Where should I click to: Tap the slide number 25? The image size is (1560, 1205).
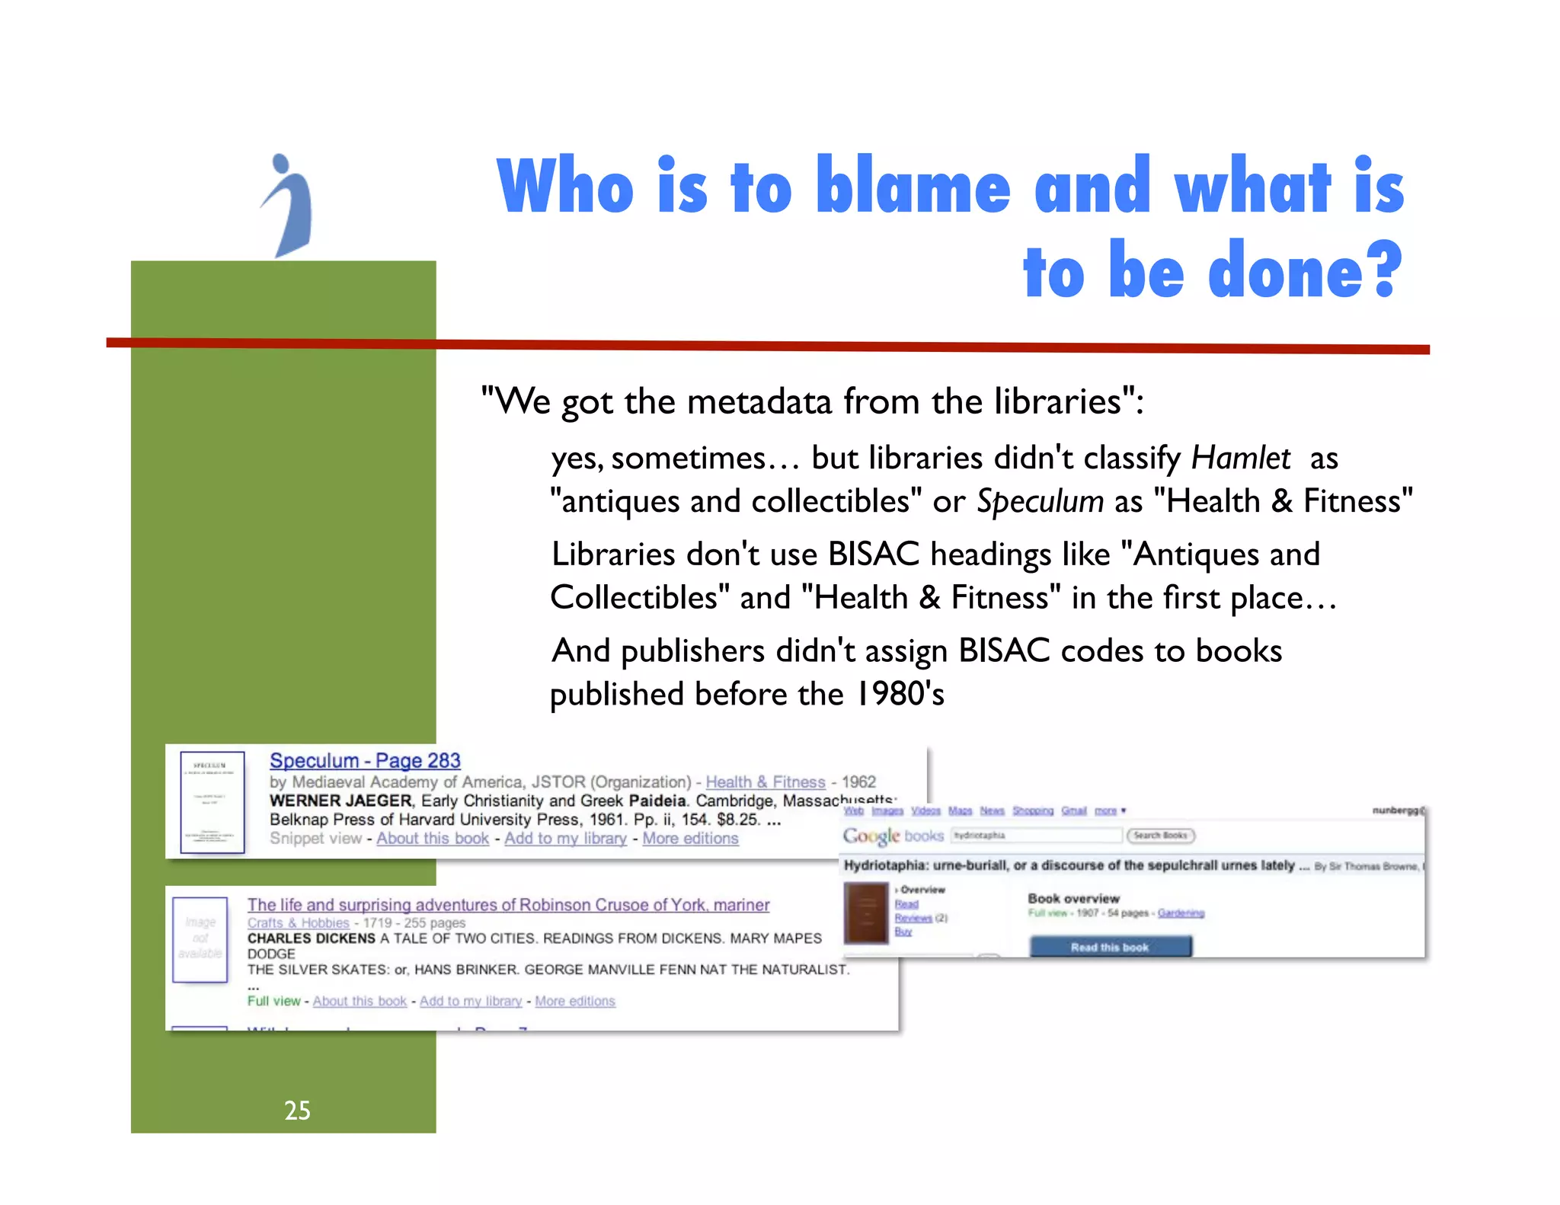click(297, 1111)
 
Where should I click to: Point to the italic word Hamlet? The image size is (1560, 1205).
click(1240, 459)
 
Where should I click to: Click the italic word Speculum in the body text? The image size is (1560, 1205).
click(1040, 502)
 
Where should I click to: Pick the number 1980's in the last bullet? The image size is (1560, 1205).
click(900, 695)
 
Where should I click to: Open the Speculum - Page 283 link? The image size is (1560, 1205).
click(365, 761)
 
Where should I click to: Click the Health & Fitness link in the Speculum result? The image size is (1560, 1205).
click(765, 782)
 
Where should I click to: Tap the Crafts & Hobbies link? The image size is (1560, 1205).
click(298, 923)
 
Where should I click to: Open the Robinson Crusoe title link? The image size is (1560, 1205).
click(508, 905)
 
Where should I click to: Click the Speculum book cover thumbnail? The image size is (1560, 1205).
click(213, 802)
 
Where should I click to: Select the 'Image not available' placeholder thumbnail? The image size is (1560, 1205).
click(200, 939)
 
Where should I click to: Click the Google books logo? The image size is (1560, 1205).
click(893, 836)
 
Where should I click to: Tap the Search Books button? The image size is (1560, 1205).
click(1160, 836)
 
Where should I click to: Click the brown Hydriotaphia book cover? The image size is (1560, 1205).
click(866, 913)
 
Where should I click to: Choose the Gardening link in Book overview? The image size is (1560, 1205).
click(1181, 913)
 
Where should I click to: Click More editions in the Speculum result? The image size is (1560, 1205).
click(690, 839)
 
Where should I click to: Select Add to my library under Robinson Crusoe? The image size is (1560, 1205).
click(471, 1002)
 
